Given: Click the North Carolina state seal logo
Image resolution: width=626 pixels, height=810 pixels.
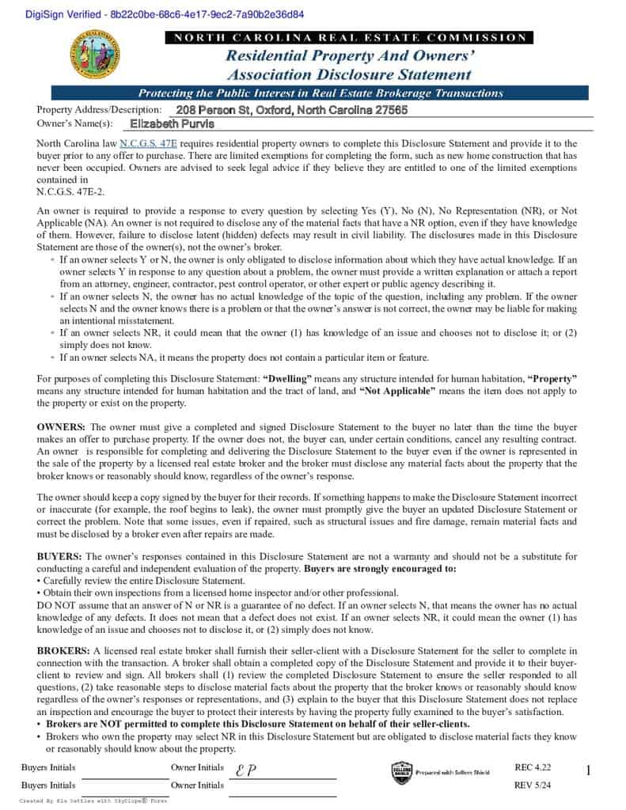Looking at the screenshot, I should point(96,57).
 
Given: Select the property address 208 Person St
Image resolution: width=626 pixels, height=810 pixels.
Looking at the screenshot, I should point(291,110).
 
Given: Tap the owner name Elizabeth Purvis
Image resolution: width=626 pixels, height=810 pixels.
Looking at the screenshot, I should point(172,123).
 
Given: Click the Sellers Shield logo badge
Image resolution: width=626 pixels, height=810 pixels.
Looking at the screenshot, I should point(401,772).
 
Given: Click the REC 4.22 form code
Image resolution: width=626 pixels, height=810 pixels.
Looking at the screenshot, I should point(532,767).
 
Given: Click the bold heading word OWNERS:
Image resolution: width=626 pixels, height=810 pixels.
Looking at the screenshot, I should point(61,427).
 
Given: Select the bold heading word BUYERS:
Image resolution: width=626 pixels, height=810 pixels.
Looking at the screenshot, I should point(59,557).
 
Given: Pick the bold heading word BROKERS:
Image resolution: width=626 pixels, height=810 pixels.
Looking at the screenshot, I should point(63,649).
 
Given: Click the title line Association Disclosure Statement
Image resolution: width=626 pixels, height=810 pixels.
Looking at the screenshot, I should point(349,75).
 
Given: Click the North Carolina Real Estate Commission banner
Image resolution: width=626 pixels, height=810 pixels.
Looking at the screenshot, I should point(349,37).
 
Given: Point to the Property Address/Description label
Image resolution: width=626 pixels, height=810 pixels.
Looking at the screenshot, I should point(99,110).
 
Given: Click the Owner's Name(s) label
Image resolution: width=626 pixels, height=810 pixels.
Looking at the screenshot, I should point(75,123).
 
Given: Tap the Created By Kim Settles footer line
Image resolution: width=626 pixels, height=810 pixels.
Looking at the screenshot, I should point(93,801).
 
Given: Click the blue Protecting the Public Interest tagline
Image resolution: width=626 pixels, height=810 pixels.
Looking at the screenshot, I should point(321,93).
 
